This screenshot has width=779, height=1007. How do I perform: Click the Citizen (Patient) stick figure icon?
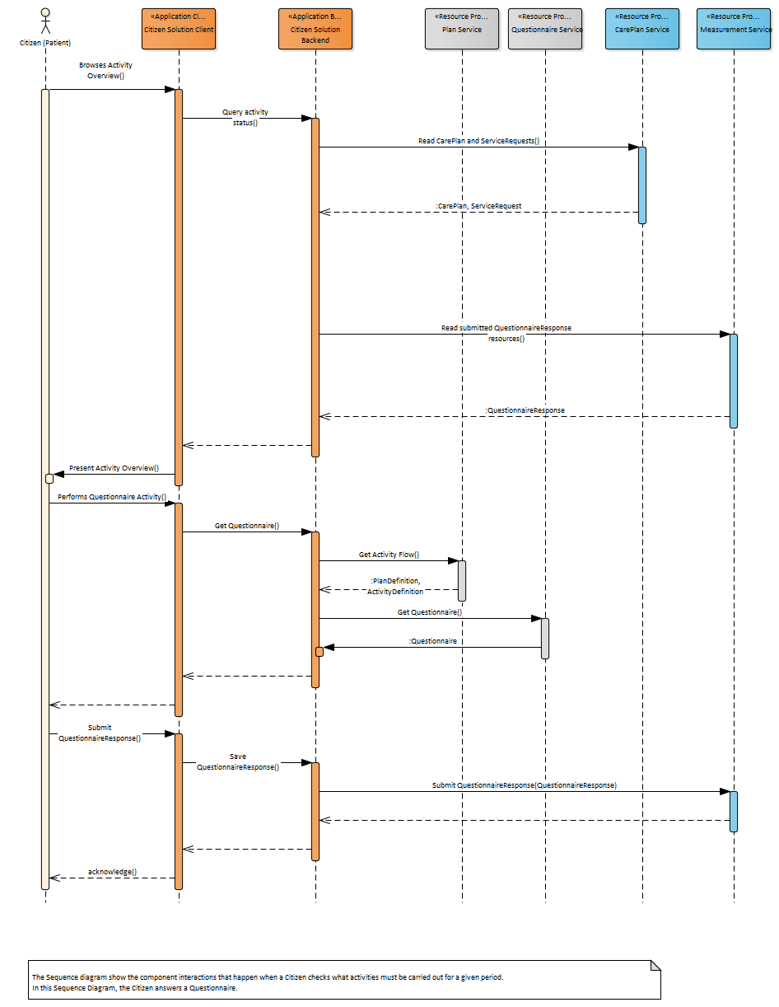click(45, 21)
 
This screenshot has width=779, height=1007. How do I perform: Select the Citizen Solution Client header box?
click(179, 29)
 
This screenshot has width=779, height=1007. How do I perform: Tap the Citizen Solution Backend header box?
click(315, 29)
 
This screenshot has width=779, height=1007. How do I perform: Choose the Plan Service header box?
click(462, 29)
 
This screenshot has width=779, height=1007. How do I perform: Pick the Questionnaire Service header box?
click(545, 29)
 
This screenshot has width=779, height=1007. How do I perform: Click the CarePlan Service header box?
click(642, 29)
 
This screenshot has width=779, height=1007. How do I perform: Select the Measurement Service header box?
click(734, 29)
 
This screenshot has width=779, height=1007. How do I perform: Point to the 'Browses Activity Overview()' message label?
click(105, 70)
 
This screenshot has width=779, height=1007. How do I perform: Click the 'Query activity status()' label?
click(245, 117)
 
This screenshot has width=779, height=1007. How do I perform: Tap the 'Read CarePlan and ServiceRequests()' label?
click(478, 141)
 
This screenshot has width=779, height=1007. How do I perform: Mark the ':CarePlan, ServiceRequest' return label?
click(478, 205)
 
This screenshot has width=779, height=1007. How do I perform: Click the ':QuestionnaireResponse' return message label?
click(525, 410)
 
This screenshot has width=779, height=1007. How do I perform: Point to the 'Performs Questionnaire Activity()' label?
click(112, 497)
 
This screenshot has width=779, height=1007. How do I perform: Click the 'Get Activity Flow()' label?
click(389, 555)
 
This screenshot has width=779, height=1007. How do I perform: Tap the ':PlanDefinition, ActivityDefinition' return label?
click(395, 585)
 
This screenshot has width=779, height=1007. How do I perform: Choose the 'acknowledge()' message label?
click(112, 871)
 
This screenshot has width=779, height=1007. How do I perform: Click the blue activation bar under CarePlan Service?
click(642, 185)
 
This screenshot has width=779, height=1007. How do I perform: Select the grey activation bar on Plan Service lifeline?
click(462, 580)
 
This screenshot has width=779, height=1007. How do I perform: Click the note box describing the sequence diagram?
click(345, 980)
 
